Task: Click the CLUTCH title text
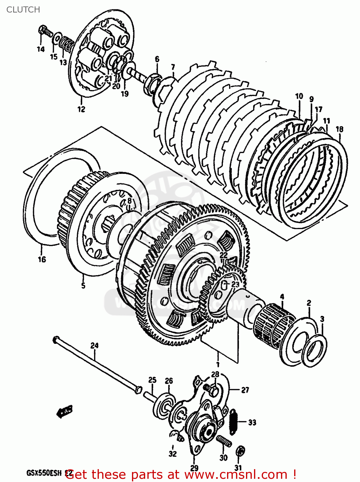pos(23,10)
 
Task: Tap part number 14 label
pos(40,49)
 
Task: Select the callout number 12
pos(81,109)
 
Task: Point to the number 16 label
pos(42,259)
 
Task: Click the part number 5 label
pos(83,285)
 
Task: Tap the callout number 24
pos(94,345)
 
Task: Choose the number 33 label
pos(252,422)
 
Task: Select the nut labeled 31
pos(239,451)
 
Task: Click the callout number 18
pos(339,129)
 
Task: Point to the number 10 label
pos(299,96)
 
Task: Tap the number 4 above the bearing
pos(282,296)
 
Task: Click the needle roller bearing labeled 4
pos(275,325)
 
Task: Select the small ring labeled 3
pos(315,350)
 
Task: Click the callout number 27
pos(245,390)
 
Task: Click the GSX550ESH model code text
pos(44,473)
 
